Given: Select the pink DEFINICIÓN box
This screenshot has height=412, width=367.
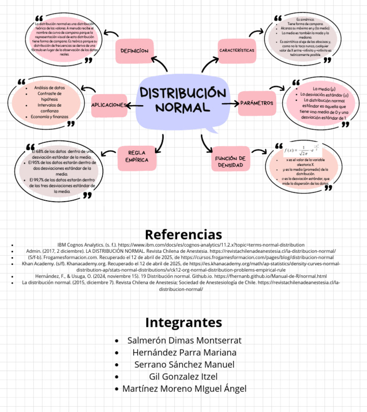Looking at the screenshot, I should coord(134,51).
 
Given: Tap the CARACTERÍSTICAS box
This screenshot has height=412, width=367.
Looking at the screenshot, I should coord(237,50).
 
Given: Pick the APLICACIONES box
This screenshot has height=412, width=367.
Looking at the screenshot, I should coord(109,105).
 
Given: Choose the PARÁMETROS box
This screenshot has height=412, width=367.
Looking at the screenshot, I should coord(257,103).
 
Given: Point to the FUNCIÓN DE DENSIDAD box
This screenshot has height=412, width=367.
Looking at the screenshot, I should coord(230,162).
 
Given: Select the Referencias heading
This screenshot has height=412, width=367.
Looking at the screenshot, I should coord(183,235).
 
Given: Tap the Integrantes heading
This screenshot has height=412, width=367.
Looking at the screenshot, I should coord(183,322).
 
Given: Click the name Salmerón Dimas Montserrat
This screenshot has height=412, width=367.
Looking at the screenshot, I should coord(184,340).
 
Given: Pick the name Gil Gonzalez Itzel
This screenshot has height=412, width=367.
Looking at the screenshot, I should coord(183,376).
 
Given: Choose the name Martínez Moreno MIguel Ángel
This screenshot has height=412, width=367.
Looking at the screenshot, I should coord(184,389).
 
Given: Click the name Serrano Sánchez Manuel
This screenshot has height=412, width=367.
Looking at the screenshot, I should coord(184,364).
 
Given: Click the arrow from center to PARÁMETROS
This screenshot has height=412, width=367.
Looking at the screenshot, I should coord(230,103).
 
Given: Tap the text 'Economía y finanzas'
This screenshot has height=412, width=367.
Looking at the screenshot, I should coord(50,117).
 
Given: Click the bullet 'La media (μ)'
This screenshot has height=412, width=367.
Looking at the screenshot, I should coord(324,89).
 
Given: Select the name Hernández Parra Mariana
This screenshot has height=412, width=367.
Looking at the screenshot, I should coord(184,352).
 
